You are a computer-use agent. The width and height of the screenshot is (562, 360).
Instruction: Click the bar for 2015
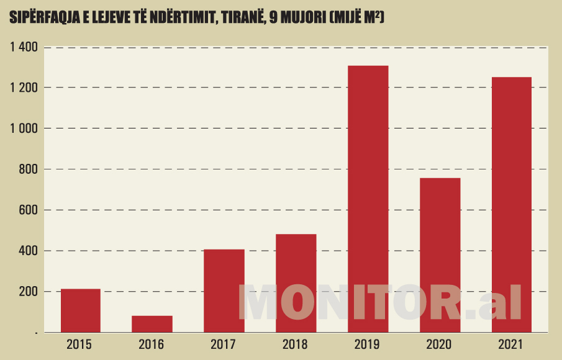(x=81, y=311)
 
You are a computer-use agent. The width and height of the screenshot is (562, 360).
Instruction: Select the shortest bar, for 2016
(x=152, y=324)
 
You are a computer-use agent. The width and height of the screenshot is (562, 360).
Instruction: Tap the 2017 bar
(x=224, y=291)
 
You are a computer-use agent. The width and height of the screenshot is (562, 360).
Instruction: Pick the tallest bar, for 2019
(x=368, y=199)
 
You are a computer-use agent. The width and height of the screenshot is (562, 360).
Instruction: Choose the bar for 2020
(x=440, y=255)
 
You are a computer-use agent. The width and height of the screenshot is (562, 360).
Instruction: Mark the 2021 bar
(x=512, y=205)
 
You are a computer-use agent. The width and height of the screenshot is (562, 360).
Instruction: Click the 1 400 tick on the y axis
(x=24, y=47)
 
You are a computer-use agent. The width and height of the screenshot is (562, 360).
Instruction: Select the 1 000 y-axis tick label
(x=24, y=128)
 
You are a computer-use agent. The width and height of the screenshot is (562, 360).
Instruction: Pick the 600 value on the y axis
(x=28, y=210)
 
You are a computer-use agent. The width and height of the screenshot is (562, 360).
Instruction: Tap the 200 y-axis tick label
(x=28, y=291)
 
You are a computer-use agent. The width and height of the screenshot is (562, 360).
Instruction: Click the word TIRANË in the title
(x=238, y=19)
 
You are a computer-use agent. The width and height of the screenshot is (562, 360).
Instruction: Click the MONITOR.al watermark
(x=380, y=303)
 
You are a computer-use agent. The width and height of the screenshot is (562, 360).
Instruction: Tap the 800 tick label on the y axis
(x=28, y=169)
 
